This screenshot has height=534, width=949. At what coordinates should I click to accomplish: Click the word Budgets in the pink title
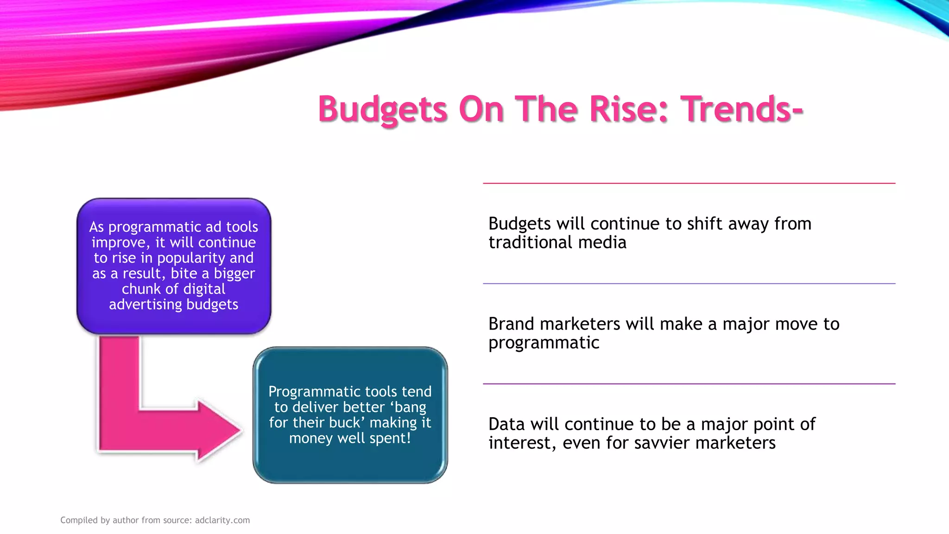pos(383,109)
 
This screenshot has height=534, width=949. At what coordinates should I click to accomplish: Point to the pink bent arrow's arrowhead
pos(218,430)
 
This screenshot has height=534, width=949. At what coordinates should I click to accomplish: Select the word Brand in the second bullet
pos(511,324)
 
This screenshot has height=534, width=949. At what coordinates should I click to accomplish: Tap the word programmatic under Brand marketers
pos(544,343)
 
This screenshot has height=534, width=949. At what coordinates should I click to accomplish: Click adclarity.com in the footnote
pos(222,520)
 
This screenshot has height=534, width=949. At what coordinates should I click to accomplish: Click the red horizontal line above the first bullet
pos(689,184)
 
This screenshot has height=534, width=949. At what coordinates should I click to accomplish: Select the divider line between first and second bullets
pos(689,284)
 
